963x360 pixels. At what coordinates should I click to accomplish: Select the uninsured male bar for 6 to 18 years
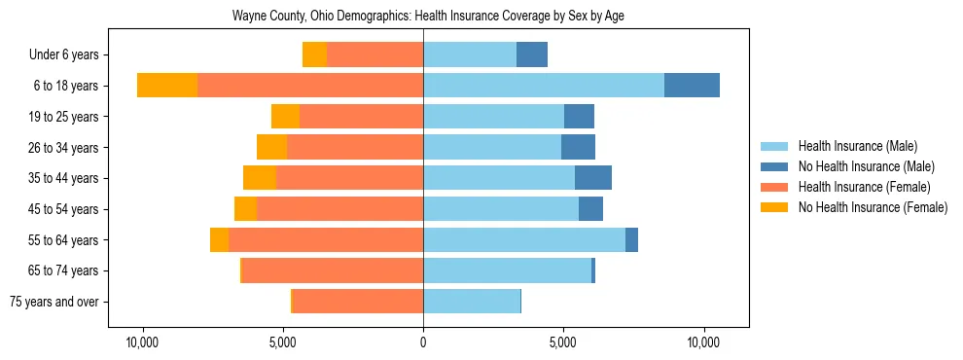tap(692, 86)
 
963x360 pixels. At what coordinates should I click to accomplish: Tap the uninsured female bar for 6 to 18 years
tap(167, 86)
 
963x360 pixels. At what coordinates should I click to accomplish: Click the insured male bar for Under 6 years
tap(469, 54)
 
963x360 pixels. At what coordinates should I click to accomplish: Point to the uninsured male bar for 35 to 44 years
tap(593, 178)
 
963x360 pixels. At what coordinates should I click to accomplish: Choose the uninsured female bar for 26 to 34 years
tap(271, 147)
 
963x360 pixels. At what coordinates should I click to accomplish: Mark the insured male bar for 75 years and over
tap(472, 301)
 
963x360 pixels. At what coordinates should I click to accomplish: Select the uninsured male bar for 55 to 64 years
tap(631, 239)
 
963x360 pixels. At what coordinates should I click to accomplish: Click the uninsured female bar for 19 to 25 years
tap(285, 117)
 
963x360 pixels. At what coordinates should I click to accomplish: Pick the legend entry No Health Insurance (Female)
tap(873, 207)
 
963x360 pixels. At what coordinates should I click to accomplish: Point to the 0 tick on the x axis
tap(423, 342)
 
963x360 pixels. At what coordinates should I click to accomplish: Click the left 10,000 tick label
tap(143, 342)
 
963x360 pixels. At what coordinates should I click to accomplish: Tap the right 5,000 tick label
tap(563, 342)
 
